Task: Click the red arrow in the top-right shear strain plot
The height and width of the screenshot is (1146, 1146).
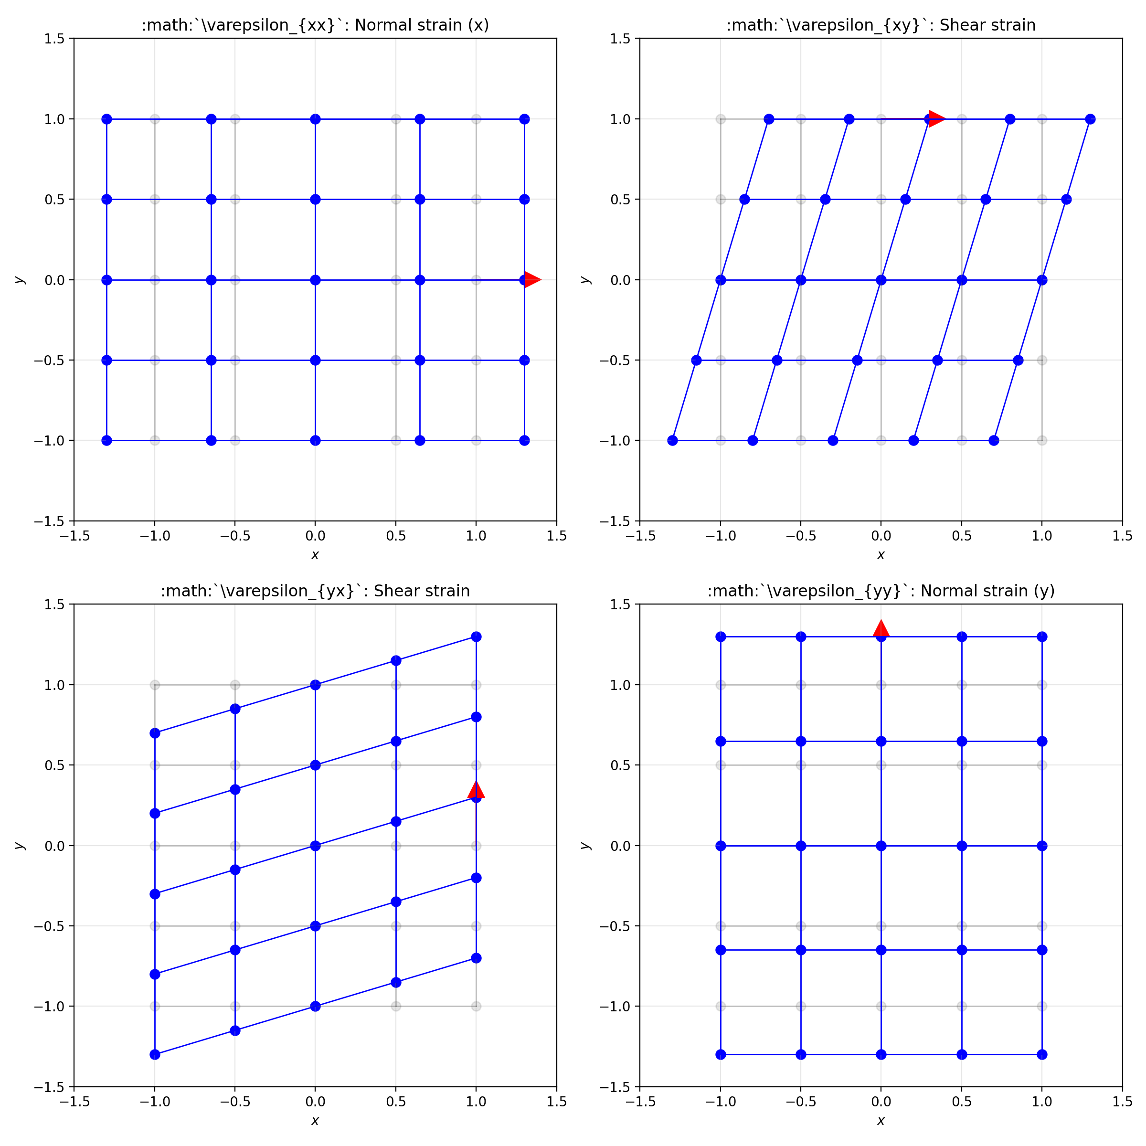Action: tap(936, 118)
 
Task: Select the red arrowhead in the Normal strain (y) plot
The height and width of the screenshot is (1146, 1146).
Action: tap(881, 629)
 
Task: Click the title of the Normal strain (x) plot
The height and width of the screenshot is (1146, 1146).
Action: tap(315, 25)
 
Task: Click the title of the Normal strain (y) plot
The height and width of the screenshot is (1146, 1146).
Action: tap(881, 591)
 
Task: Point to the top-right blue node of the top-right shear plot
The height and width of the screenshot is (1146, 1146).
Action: tap(1090, 119)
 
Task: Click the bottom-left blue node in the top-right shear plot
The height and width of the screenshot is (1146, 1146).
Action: tap(672, 441)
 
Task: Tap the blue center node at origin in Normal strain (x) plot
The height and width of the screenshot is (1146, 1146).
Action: tap(315, 280)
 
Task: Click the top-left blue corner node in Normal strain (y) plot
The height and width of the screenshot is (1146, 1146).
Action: tap(721, 637)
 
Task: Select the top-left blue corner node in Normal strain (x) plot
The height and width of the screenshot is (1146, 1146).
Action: tap(107, 119)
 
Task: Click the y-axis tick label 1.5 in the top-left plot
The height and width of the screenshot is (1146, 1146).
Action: tap(55, 39)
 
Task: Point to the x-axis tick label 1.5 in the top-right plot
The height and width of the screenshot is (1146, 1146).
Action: tap(1122, 536)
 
